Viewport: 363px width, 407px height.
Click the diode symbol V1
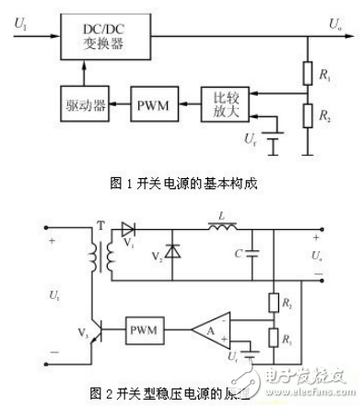tap(128, 231)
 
